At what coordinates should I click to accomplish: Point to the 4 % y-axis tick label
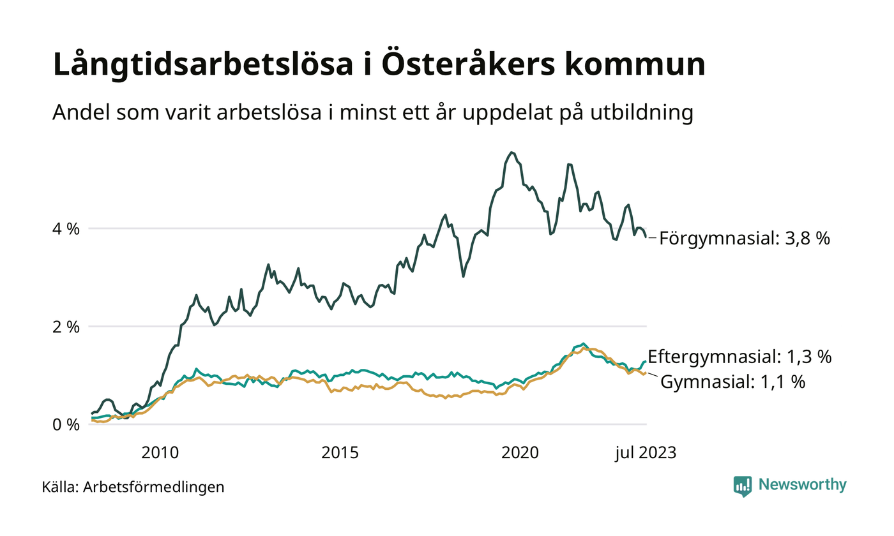[x=66, y=228]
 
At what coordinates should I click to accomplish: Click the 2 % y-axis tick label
[x=66, y=327]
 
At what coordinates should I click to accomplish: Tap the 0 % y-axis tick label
[x=66, y=425]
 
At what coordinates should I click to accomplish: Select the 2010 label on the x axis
[x=160, y=453]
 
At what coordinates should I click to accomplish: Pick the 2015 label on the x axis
[x=340, y=453]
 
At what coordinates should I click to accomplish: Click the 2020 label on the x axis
[x=521, y=453]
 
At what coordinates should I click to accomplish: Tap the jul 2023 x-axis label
[x=645, y=453]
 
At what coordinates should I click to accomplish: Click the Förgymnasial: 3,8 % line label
[x=745, y=239]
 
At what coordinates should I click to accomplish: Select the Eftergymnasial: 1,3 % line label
[x=739, y=357]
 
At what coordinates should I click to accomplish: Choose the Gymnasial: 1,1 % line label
[x=732, y=383]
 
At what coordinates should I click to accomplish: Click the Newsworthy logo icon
[x=743, y=486]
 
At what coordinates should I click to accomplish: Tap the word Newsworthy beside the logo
[x=802, y=485]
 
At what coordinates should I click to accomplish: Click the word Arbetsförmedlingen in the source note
[x=154, y=488]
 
